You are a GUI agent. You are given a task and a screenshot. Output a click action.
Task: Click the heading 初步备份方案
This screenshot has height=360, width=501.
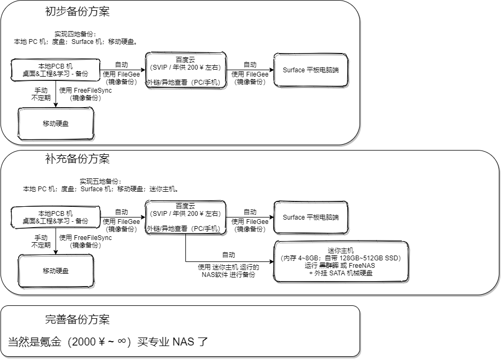pyautogui.click(x=78, y=12)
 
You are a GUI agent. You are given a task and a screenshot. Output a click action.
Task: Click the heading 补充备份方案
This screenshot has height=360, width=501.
pyautogui.click(x=78, y=159)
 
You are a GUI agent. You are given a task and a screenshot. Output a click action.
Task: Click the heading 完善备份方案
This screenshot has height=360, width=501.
pyautogui.click(x=78, y=320)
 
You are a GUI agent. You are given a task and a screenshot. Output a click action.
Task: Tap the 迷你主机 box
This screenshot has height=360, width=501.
pyautogui.click(x=341, y=262)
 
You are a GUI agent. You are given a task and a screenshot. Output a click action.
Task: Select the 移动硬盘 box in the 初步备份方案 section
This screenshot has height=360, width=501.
pyautogui.click(x=56, y=124)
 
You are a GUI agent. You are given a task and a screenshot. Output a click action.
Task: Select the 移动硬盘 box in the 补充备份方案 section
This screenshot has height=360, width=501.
pyautogui.click(x=56, y=271)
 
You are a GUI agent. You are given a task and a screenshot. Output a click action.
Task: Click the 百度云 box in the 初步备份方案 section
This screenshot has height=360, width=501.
pyautogui.click(x=185, y=70)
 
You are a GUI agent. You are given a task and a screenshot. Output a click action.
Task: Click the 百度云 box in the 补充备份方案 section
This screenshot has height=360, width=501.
pyautogui.click(x=185, y=217)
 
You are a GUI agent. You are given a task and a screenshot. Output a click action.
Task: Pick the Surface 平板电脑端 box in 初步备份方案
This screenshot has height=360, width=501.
pyautogui.click(x=311, y=70)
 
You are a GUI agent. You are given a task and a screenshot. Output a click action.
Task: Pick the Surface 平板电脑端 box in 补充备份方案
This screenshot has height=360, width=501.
pyautogui.click(x=311, y=217)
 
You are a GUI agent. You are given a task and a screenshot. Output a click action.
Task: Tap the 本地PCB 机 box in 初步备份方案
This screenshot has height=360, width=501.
pyautogui.click(x=56, y=70)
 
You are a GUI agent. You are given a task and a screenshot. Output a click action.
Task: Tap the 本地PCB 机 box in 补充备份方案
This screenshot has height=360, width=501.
pyautogui.click(x=56, y=217)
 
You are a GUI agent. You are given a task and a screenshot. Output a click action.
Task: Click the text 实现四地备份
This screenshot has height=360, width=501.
pyautogui.click(x=75, y=34)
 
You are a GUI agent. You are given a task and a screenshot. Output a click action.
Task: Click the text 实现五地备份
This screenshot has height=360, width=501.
pyautogui.click(x=100, y=181)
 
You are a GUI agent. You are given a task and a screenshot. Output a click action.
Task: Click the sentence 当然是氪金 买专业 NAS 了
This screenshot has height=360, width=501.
pyautogui.click(x=108, y=342)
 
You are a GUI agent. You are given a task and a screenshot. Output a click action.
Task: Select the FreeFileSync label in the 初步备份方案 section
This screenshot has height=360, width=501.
pyautogui.click(x=86, y=90)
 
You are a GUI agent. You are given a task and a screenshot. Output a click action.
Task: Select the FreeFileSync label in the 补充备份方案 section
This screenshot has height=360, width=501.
pyautogui.click(x=86, y=237)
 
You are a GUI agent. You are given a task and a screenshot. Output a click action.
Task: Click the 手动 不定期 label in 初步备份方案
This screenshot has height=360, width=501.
pyautogui.click(x=41, y=94)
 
